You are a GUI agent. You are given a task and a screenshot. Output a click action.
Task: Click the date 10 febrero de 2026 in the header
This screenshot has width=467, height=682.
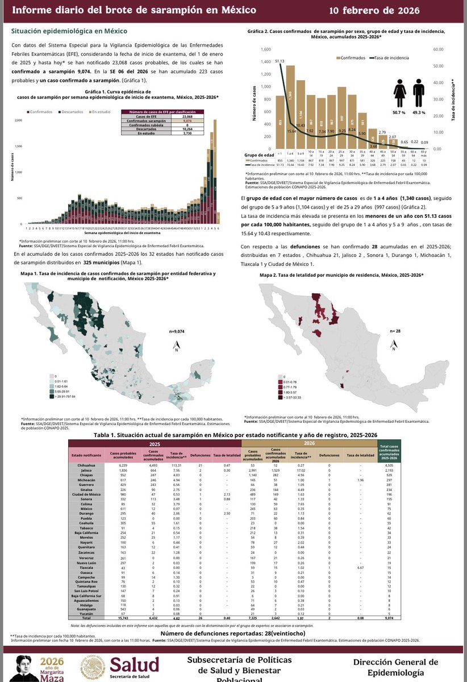[394, 11]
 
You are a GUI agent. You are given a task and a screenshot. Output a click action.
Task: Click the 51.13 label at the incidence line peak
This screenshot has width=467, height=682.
[280, 60]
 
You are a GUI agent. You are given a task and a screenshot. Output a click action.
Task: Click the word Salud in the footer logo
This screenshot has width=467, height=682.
[135, 664]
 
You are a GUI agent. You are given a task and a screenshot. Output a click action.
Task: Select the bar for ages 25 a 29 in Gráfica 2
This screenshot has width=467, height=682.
[341, 118]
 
